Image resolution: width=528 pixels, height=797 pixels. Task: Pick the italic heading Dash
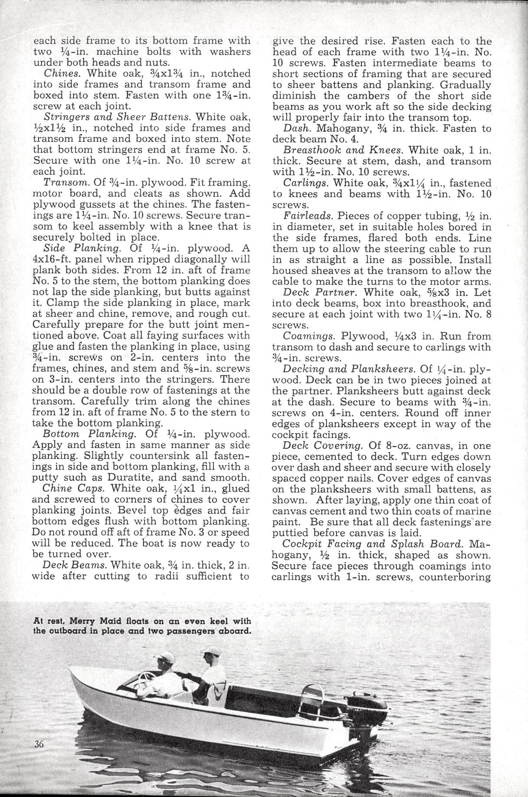point(296,128)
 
